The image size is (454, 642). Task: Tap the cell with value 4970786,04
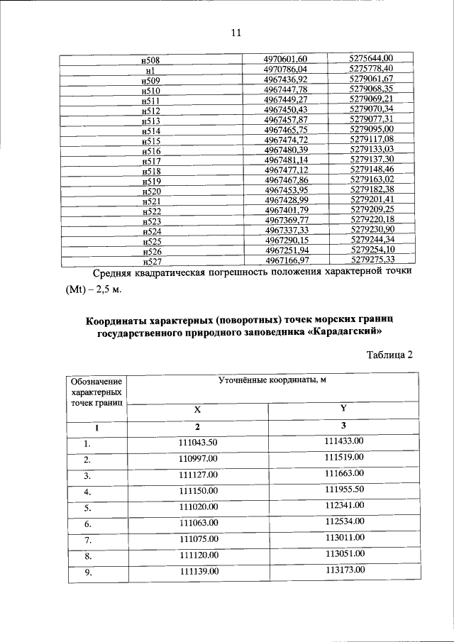click(x=286, y=70)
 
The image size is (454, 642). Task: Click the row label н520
click(x=151, y=192)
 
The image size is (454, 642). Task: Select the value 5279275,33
click(x=371, y=260)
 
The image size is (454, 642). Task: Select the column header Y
click(x=343, y=409)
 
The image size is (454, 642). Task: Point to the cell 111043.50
click(x=198, y=442)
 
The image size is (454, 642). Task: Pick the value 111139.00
click(x=198, y=571)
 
